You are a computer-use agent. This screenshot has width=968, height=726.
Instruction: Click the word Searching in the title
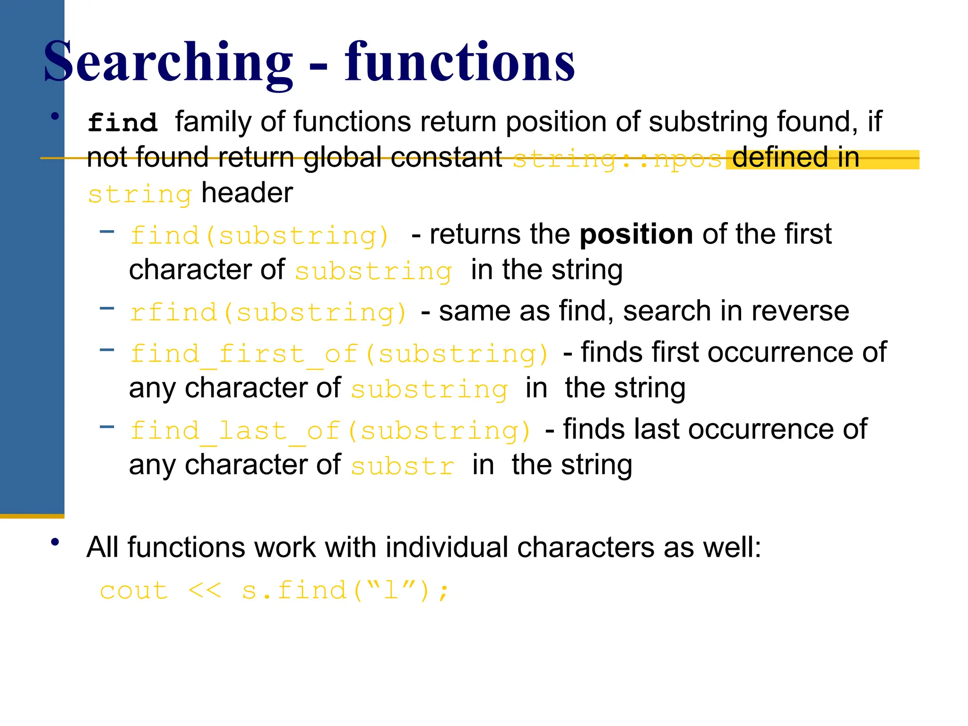(168, 62)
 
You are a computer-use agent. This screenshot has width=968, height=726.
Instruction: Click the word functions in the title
(459, 62)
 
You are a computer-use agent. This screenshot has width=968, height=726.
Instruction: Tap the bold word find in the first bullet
(122, 123)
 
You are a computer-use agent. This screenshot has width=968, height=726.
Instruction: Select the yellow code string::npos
(617, 159)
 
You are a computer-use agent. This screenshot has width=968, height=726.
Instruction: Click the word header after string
(247, 193)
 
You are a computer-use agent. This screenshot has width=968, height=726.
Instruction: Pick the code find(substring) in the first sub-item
(259, 235)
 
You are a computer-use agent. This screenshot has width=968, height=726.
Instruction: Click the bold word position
(636, 234)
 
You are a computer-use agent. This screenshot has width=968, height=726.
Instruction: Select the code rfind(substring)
(268, 312)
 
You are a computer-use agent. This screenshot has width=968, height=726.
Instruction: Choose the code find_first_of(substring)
(339, 354)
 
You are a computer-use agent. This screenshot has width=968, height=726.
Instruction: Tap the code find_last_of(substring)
(330, 431)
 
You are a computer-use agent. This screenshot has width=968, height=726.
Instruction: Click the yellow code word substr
(402, 466)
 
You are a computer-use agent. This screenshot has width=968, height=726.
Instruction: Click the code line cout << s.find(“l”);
(274, 590)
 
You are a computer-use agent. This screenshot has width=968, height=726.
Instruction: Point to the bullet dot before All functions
(56, 542)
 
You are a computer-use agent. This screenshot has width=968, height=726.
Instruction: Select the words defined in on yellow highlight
(795, 158)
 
